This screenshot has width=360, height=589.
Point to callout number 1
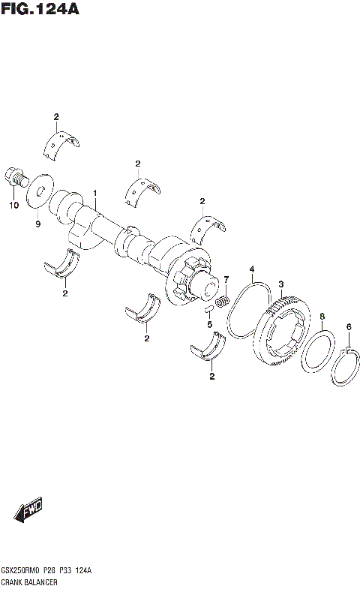(x=95, y=194)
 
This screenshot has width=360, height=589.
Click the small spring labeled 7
(x=222, y=302)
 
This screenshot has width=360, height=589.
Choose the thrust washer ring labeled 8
(x=319, y=352)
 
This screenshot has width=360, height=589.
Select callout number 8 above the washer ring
(x=322, y=317)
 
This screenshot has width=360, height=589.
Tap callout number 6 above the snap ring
(x=348, y=326)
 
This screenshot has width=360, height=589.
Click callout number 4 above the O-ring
(x=253, y=269)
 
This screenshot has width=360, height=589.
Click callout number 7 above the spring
(x=225, y=279)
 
